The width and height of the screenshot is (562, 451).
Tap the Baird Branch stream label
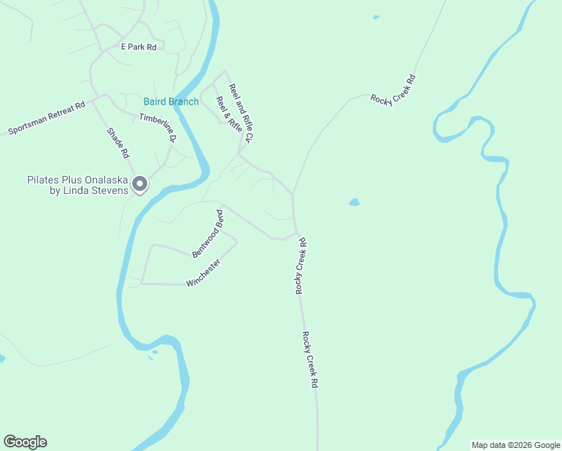[x=171, y=101]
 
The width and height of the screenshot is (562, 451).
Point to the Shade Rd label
[x=118, y=142]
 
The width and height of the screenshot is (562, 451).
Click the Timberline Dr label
[x=158, y=127]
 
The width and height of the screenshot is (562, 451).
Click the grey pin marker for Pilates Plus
[x=140, y=183]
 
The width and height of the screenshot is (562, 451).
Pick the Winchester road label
[x=203, y=273]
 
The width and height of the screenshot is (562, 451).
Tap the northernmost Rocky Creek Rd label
[x=393, y=89]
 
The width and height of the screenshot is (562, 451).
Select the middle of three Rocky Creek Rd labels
[x=301, y=266]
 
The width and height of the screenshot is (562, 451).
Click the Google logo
[x=25, y=442]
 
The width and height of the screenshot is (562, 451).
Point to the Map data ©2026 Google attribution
[x=515, y=445]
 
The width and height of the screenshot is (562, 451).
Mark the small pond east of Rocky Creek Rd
[x=354, y=202]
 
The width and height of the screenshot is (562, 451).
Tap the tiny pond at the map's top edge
[x=376, y=17]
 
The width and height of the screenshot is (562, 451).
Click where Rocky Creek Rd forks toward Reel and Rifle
[x=292, y=195]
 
